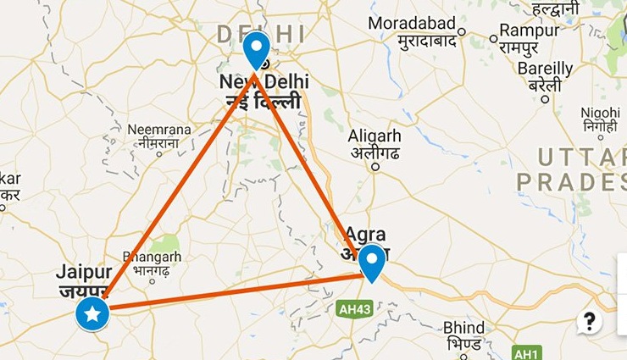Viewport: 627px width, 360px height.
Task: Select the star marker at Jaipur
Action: click(x=93, y=314)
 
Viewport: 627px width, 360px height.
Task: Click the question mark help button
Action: click(x=590, y=321)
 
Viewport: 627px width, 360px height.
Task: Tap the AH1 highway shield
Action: click(x=524, y=351)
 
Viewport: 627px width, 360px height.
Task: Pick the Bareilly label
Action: click(x=546, y=69)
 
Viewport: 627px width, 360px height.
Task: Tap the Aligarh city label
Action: click(x=375, y=136)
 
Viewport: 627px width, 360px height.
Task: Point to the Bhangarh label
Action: click(x=153, y=256)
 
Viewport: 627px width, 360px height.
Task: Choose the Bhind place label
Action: click(x=464, y=328)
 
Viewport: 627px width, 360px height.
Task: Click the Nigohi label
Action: click(x=600, y=114)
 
